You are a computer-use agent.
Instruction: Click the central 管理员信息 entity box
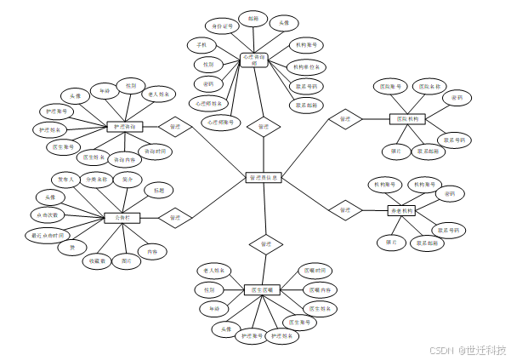264,178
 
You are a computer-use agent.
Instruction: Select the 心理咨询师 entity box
254,59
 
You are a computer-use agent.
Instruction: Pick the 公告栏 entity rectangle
121,218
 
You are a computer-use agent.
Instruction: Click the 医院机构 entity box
407,119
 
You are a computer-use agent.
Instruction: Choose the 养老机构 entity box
401,210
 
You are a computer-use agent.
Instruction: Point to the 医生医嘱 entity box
262,290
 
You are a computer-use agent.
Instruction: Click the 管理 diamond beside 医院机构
344,119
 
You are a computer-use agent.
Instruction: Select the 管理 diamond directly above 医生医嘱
265,244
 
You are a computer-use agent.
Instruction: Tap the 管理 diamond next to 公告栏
174,218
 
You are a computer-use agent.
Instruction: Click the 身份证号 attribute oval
222,26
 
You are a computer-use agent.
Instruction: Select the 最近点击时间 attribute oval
46,234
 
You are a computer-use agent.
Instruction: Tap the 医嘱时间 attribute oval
313,270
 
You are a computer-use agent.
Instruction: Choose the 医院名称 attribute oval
429,86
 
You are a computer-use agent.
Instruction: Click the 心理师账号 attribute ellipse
219,123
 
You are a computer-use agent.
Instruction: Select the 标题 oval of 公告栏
159,189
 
